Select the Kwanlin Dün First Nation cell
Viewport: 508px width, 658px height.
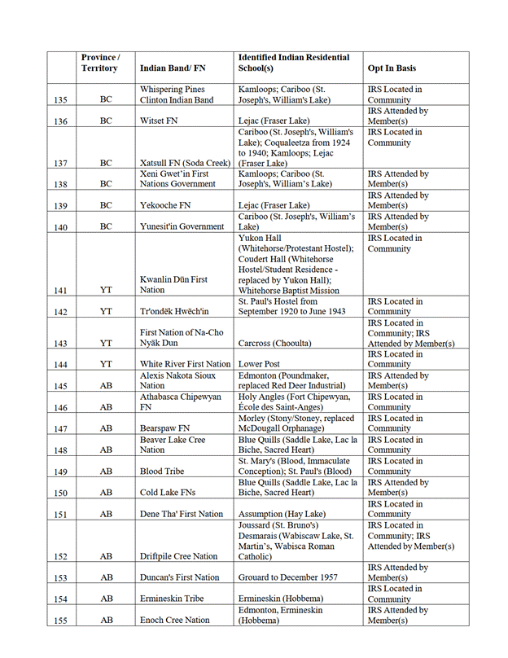point(173,284)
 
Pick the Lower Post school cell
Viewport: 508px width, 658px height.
point(260,364)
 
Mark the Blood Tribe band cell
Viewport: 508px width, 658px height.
point(162,471)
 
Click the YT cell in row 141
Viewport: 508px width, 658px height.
point(106,291)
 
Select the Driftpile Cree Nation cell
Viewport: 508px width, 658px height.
point(179,556)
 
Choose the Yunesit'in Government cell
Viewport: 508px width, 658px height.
point(182,226)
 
